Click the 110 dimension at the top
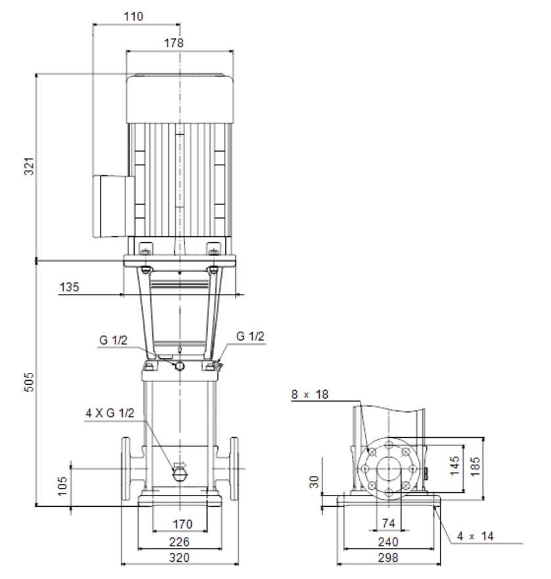133,16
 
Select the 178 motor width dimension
173,43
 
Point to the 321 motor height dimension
29,166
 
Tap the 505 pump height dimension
29,382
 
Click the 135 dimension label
70,288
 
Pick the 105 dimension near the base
62,486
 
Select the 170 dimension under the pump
183,524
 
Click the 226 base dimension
179,542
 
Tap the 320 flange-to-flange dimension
179,557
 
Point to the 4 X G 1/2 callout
110,413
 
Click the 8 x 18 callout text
310,395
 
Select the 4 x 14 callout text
475,536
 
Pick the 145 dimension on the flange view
454,465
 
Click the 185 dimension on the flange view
475,467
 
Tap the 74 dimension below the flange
389,523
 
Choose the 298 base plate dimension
388,557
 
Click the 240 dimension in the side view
388,542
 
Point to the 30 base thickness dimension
314,482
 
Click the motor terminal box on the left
114,206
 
